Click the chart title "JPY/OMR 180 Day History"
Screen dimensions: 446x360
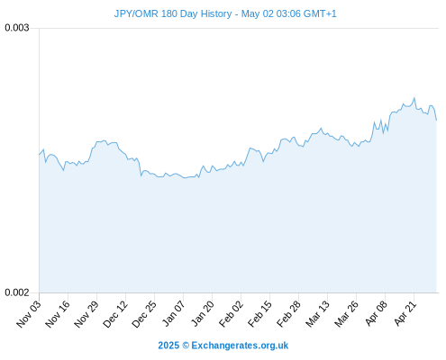[x=173, y=13]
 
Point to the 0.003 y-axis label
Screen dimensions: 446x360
[x=17, y=28]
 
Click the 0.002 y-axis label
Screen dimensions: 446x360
[x=17, y=292]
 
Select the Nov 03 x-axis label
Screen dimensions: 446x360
[x=28, y=314]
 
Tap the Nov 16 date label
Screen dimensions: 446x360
[x=57, y=314]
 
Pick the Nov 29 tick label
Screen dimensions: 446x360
[x=86, y=314]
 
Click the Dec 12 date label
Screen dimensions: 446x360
[x=114, y=314]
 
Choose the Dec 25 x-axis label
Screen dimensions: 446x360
[x=143, y=314]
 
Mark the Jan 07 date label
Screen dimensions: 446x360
[x=173, y=313]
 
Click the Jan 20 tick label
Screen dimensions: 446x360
[x=202, y=313]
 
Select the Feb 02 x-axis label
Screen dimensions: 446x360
[x=231, y=314]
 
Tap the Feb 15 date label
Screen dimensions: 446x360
[x=259, y=314]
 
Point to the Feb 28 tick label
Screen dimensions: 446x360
[x=288, y=314]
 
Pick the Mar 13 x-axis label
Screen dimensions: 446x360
[x=317, y=314]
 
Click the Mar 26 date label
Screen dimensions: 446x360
[x=346, y=314]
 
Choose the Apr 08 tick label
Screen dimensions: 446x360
[x=376, y=314]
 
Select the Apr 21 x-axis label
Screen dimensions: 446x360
[x=405, y=314]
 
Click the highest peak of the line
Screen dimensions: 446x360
[x=414, y=98]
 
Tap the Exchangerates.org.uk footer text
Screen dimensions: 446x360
[x=240, y=346]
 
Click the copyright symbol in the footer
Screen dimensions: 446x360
[x=186, y=346]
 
